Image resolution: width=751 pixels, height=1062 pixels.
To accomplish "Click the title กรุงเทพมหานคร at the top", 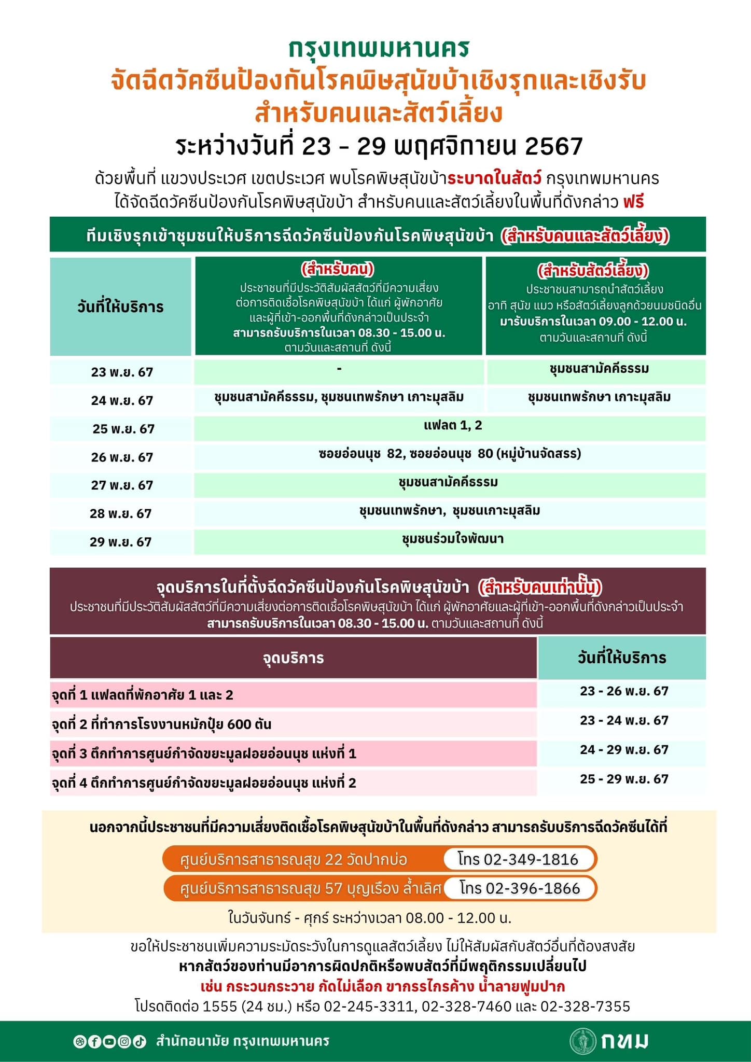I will click(379, 48).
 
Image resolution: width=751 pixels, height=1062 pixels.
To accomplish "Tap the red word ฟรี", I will click(633, 201).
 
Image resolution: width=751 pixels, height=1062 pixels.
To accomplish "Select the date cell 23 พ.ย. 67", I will click(122, 372).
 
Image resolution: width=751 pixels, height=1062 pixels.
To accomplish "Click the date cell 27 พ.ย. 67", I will click(122, 485).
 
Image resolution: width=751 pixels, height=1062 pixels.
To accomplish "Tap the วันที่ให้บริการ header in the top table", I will click(120, 307).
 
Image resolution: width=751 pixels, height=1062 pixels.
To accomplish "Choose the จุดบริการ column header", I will click(293, 658).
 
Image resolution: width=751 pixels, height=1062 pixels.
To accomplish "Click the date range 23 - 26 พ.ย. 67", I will click(624, 691).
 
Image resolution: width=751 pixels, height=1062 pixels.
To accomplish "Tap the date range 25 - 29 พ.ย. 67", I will click(624, 779).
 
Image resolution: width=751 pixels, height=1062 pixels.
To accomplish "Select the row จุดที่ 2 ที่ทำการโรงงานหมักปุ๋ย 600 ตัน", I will click(161, 724).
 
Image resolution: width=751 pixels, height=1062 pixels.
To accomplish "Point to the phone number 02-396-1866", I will click(533, 888).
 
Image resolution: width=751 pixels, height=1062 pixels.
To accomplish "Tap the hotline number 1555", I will click(219, 1007).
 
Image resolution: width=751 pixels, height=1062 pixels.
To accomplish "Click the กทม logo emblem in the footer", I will click(582, 1041).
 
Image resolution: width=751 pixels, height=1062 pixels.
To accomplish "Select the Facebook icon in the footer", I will click(94, 1041).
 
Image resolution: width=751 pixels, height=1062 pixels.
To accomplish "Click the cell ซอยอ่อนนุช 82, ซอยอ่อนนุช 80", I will click(449, 454).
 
